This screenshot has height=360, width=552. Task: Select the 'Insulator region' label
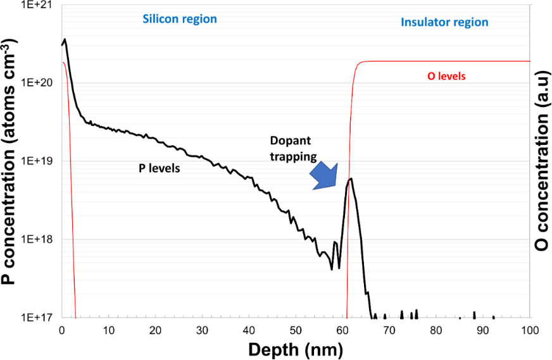(444, 22)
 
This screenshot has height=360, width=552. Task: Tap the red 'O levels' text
(447, 76)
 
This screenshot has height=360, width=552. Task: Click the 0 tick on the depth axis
(61, 330)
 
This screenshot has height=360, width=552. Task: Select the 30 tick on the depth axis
(202, 330)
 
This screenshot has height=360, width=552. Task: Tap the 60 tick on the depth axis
(342, 330)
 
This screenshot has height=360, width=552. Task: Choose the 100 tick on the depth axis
(530, 330)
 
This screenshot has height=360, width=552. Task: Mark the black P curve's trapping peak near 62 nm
(351, 179)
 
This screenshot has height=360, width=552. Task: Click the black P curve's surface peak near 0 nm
(65, 39)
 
